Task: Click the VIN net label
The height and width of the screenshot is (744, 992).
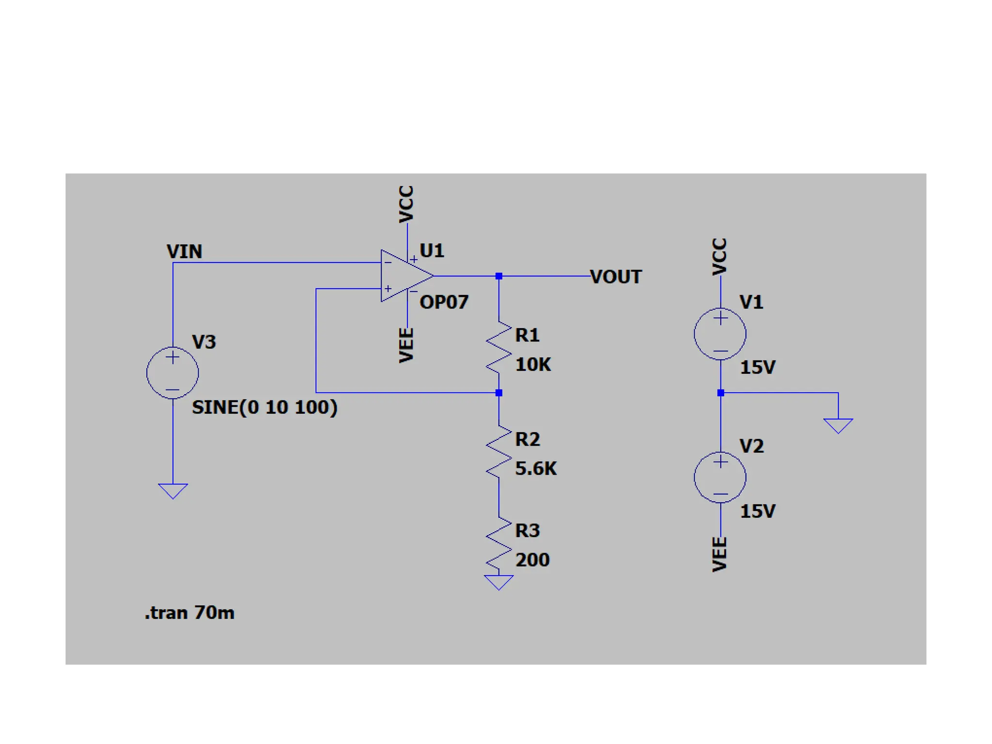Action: [x=184, y=251]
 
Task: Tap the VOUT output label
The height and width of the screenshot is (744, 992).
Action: [x=616, y=277]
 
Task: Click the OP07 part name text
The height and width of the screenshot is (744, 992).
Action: [x=444, y=302]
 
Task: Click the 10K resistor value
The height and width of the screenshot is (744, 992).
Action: [x=533, y=364]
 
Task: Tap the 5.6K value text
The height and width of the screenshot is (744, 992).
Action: [x=536, y=468]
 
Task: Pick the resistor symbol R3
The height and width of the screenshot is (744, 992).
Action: [x=499, y=544]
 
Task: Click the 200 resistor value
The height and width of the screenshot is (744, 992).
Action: [x=532, y=560]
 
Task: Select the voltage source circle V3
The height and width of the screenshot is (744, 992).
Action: [x=172, y=372]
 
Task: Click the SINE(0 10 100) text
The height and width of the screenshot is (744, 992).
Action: [x=264, y=407]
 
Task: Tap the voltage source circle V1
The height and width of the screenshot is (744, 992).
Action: [x=720, y=334]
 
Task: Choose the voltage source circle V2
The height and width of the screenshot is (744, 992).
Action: [x=720, y=477]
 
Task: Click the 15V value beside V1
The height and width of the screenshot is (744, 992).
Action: [x=758, y=367]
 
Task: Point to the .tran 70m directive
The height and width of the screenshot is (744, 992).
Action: [x=189, y=613]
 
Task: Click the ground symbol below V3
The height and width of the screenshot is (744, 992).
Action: [x=172, y=490]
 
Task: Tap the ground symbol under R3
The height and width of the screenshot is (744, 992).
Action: [x=498, y=582]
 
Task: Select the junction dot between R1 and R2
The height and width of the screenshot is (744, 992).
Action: [x=499, y=393]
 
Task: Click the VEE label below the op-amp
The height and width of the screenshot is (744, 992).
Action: [x=406, y=345]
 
